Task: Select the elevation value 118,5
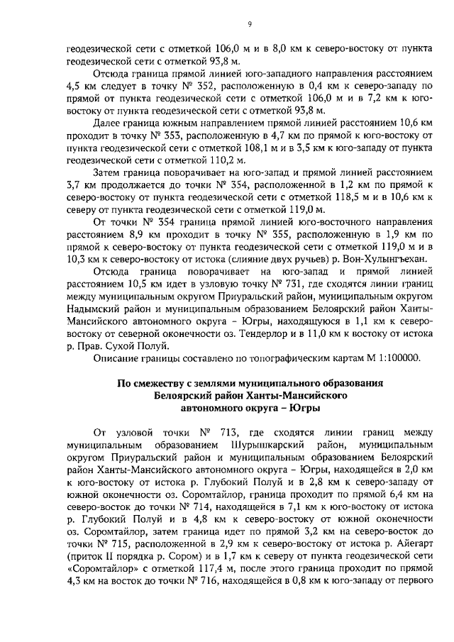(x=326, y=201)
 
